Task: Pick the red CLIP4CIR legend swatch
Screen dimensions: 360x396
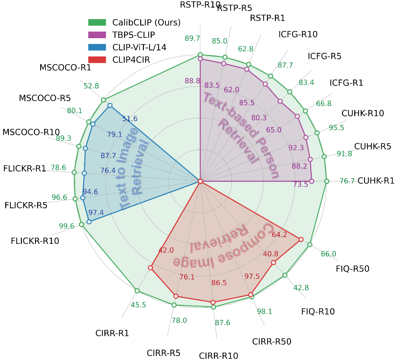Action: pyautogui.click(x=97, y=60)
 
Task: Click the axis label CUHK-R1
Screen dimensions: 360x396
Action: pyautogui.click(x=376, y=181)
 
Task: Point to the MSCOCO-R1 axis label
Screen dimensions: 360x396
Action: pyautogui.click(x=65, y=68)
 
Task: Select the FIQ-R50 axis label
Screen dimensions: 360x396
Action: pyautogui.click(x=353, y=269)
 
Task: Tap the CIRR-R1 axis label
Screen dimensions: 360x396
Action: pyautogui.click(x=112, y=333)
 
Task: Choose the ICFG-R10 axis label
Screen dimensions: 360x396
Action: pyautogui.click(x=298, y=34)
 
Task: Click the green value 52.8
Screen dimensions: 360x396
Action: pyautogui.click(x=91, y=86)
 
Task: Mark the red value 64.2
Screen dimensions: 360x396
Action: pyautogui.click(x=279, y=235)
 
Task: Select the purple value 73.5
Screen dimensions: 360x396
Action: pyautogui.click(x=300, y=184)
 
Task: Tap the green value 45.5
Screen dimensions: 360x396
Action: pyautogui.click(x=138, y=306)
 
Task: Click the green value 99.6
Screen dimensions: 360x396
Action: pyautogui.click(x=66, y=226)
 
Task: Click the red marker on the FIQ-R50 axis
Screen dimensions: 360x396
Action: pyautogui.click(x=301, y=239)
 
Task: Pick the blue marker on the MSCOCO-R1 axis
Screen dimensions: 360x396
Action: pyautogui.click(x=110, y=105)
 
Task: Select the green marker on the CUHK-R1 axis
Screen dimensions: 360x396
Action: pyautogui.click(x=327, y=181)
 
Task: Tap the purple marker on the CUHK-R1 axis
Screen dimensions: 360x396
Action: pyautogui.click(x=312, y=181)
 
